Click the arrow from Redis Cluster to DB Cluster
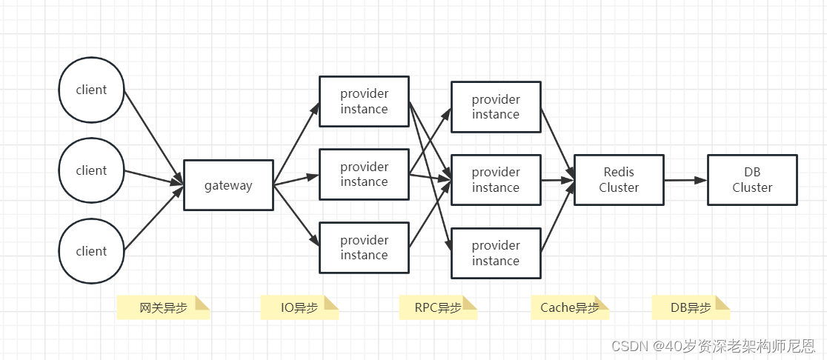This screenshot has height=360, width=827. [685, 180]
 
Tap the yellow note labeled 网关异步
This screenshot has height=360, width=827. [164, 308]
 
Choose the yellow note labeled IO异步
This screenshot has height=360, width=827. [299, 308]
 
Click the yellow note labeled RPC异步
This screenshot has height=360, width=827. [438, 308]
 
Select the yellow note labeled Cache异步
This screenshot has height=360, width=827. [570, 308]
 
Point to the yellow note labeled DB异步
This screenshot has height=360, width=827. [691, 308]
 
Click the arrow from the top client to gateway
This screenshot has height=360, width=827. [153, 138]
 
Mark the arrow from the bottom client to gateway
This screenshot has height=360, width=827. [153, 219]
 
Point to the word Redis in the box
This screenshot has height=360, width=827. [620, 172]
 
